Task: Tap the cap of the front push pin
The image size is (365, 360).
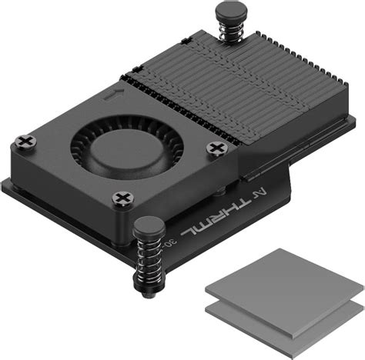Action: click(x=147, y=226)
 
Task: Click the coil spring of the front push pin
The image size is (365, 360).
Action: click(x=147, y=262)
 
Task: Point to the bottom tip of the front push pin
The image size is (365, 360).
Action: click(x=146, y=295)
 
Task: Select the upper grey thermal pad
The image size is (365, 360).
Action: click(x=285, y=290)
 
